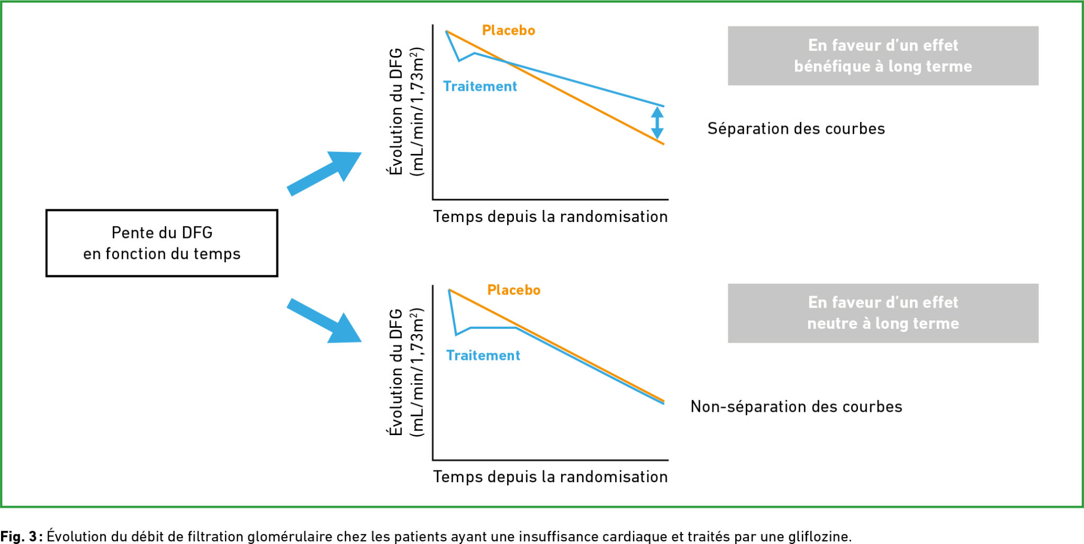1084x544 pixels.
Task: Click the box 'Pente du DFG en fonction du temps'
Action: click(x=161, y=243)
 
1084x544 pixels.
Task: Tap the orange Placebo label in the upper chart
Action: click(x=508, y=31)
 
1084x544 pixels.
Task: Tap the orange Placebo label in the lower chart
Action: click(x=513, y=290)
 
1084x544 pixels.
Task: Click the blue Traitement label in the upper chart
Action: click(x=480, y=87)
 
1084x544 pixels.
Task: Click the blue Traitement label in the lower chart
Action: click(x=483, y=356)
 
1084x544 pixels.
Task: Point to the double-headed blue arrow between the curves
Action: click(x=657, y=123)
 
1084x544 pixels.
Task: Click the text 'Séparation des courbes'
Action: click(x=796, y=129)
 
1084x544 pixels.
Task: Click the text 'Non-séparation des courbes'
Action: click(x=796, y=407)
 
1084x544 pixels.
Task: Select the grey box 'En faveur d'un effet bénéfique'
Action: click(x=883, y=56)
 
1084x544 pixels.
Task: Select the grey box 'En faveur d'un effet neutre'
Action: click(x=883, y=314)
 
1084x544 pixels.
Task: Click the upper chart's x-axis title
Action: click(x=550, y=217)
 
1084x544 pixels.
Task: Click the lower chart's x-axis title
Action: click(x=550, y=477)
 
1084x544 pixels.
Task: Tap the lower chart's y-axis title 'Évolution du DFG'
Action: click(x=396, y=372)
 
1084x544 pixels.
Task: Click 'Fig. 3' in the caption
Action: click(x=19, y=536)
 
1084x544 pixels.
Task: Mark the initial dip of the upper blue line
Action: click(x=459, y=60)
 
